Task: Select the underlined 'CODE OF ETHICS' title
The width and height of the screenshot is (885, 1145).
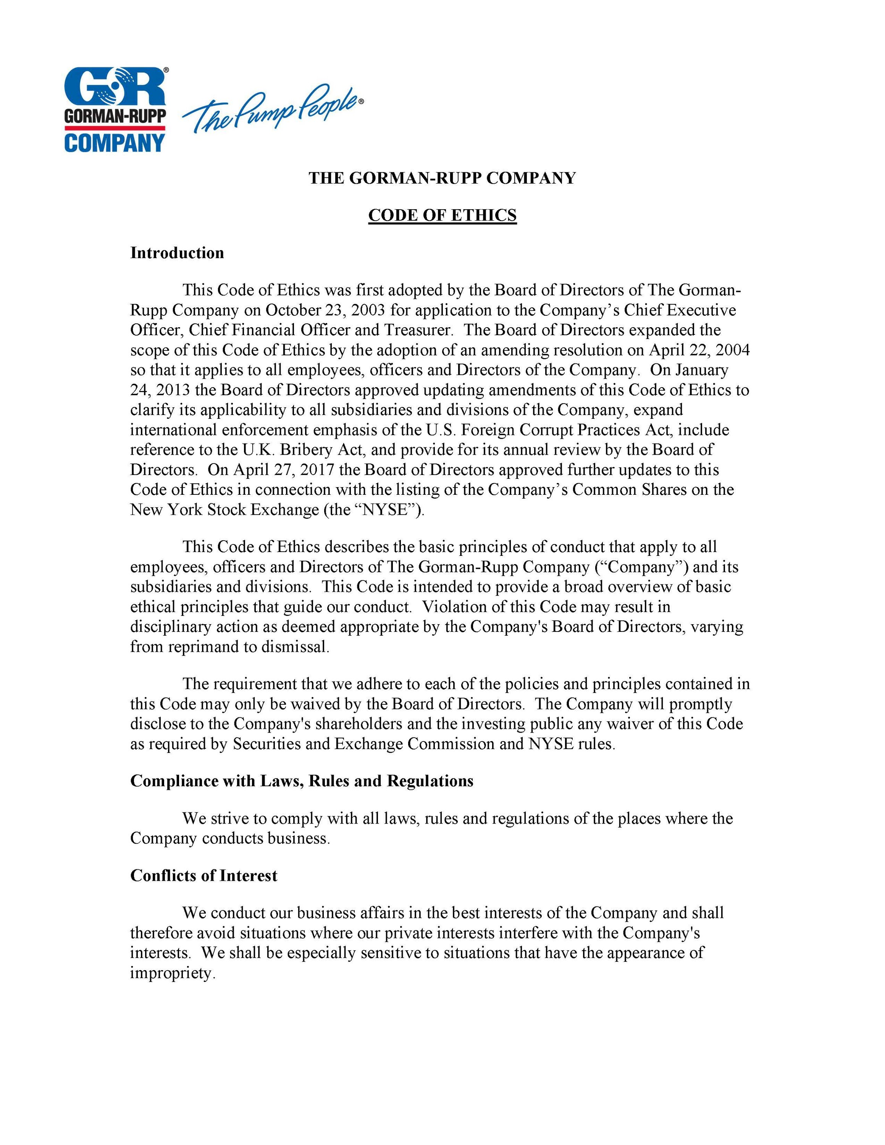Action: tap(442, 215)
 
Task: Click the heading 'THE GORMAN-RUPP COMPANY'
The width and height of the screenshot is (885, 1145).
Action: tap(442, 178)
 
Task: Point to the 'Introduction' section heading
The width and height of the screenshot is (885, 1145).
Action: tap(177, 253)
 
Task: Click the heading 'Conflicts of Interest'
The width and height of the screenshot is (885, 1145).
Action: tap(203, 875)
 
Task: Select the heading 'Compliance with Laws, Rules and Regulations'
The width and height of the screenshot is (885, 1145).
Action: tap(302, 781)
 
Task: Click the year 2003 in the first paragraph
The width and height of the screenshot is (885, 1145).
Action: tap(368, 310)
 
